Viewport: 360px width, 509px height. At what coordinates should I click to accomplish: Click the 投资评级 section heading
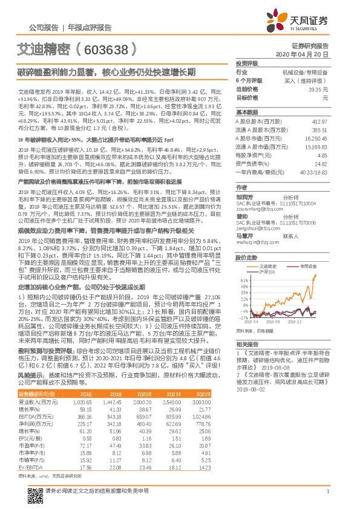247,63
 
